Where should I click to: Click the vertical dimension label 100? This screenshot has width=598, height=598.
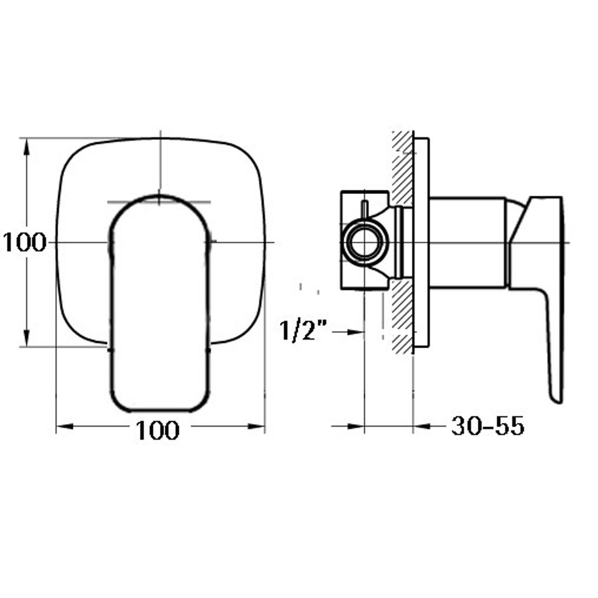[x=24, y=242]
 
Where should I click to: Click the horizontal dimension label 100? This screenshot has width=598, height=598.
[x=157, y=430]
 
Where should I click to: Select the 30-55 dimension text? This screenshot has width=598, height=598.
[x=487, y=426]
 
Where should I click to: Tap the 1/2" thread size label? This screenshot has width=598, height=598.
[x=303, y=331]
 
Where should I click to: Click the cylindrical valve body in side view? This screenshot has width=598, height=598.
[x=467, y=243]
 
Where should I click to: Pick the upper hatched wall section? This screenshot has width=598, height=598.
[x=402, y=168]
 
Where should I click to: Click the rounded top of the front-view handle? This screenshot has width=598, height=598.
[x=159, y=197]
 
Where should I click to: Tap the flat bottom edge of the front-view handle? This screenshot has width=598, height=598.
[x=159, y=410]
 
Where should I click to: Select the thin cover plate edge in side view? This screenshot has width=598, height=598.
[x=421, y=243]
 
